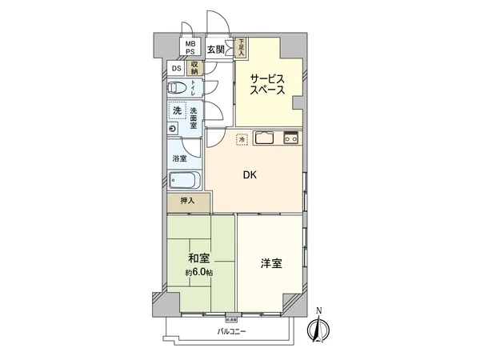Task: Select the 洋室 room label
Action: pyautogui.click(x=270, y=262)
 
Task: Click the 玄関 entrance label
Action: pyautogui.click(x=215, y=50)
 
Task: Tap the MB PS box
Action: pyautogui.click(x=190, y=47)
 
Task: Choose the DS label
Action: pyautogui.click(x=177, y=68)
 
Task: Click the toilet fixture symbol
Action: pyautogui.click(x=182, y=89)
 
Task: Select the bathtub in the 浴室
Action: pyautogui.click(x=186, y=182)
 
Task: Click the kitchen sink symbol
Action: pyautogui.click(x=266, y=138)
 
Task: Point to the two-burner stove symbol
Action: pyautogui.click(x=290, y=138)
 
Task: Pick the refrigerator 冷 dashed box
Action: pyautogui.click(x=242, y=139)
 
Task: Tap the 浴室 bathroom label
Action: pyautogui.click(x=180, y=158)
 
